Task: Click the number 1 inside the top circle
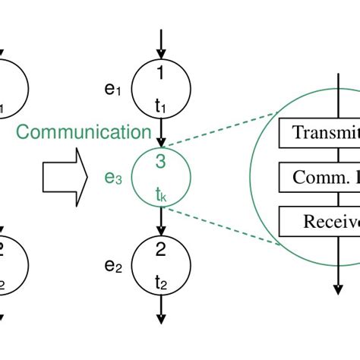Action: [160, 74]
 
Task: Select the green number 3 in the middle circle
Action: [160, 162]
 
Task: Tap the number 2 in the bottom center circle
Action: [160, 249]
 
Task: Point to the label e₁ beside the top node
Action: [113, 90]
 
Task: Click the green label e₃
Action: [113, 179]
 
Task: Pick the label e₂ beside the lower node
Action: [113, 267]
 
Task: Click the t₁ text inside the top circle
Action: [161, 107]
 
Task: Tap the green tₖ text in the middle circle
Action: [161, 195]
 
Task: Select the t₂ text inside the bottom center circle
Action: [161, 283]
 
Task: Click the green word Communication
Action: [84, 132]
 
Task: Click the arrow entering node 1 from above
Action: [161, 42]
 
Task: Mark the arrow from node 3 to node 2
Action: [161, 220]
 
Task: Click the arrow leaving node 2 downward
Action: [161, 311]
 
